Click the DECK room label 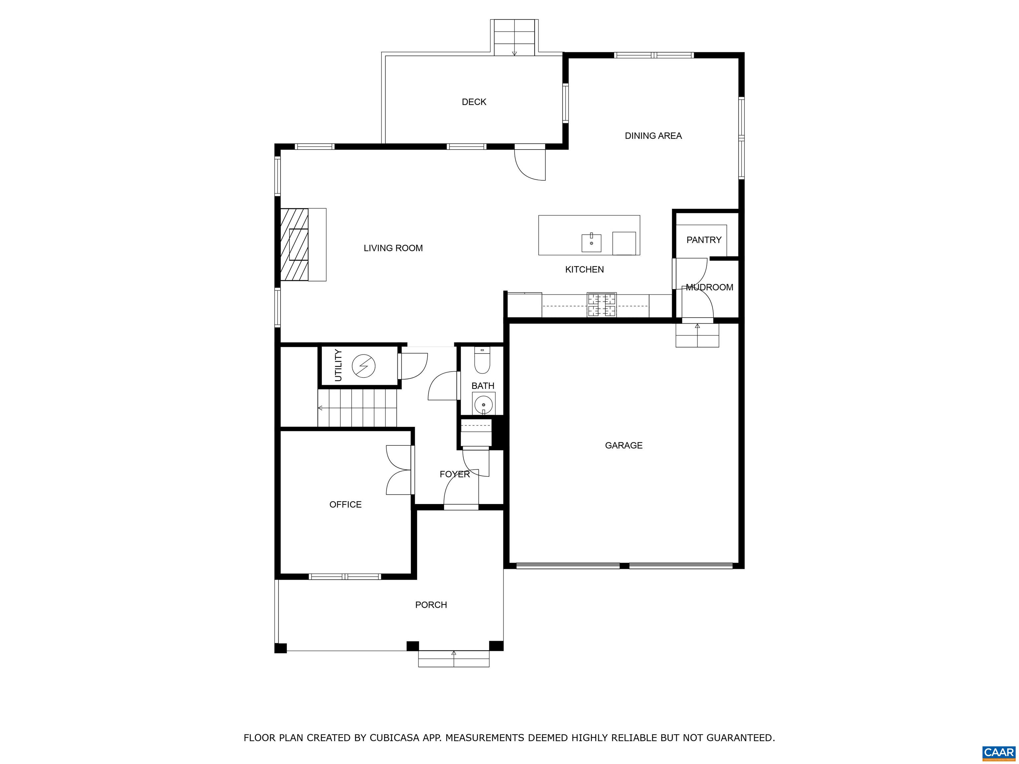point(474,102)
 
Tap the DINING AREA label point(653,136)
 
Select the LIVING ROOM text point(393,248)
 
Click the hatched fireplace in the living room point(294,244)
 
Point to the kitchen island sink point(591,243)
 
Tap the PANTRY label point(704,240)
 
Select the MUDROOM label point(710,287)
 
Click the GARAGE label point(623,445)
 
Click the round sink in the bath point(483,404)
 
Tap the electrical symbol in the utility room point(364,366)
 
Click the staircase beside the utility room point(357,408)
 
